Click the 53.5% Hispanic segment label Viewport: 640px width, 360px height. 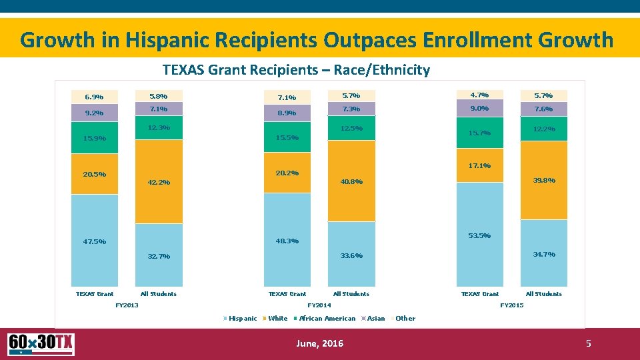[480, 236]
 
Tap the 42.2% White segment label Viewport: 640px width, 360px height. [159, 183]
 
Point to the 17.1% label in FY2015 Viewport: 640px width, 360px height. [480, 166]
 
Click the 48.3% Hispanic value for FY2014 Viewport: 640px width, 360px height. [287, 241]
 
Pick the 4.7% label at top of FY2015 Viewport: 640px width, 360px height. [479, 95]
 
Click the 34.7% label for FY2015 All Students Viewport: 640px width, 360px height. [544, 255]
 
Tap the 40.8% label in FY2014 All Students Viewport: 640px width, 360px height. [351, 182]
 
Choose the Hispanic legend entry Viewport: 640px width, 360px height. [242, 319]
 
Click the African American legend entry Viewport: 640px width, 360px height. [327, 319]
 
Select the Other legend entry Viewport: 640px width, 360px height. [405, 319]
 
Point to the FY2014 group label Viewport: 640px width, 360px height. [319, 305]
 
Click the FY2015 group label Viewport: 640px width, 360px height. [511, 305]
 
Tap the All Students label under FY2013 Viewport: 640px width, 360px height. [159, 294]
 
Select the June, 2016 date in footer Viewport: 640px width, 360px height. [319, 343]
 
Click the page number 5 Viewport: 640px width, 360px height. [588, 344]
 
